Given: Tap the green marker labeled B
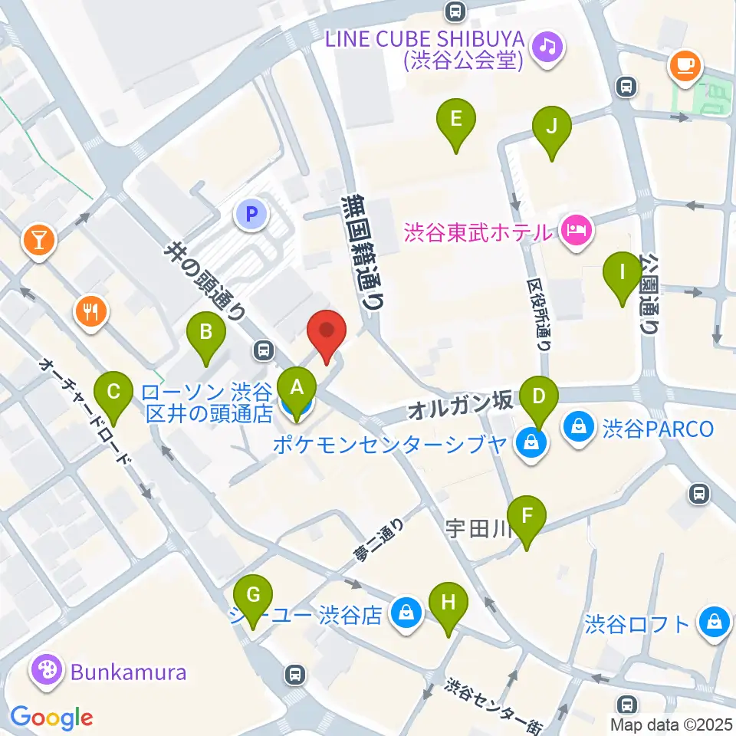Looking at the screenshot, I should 205,333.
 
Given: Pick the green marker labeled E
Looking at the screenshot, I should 456,120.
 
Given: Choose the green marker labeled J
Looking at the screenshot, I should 552,127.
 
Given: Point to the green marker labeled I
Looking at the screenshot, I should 623,272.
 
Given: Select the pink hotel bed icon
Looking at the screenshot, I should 576,229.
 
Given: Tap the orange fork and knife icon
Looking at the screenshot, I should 91,311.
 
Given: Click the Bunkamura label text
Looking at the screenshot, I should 129,672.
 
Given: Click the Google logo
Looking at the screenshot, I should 51,717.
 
